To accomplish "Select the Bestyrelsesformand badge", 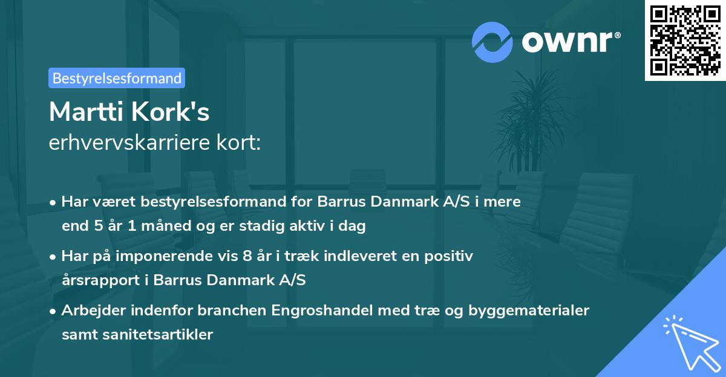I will (x=117, y=78).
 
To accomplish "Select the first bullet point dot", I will (x=53, y=202).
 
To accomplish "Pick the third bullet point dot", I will (x=53, y=311).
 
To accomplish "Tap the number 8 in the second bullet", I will (x=246, y=256).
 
